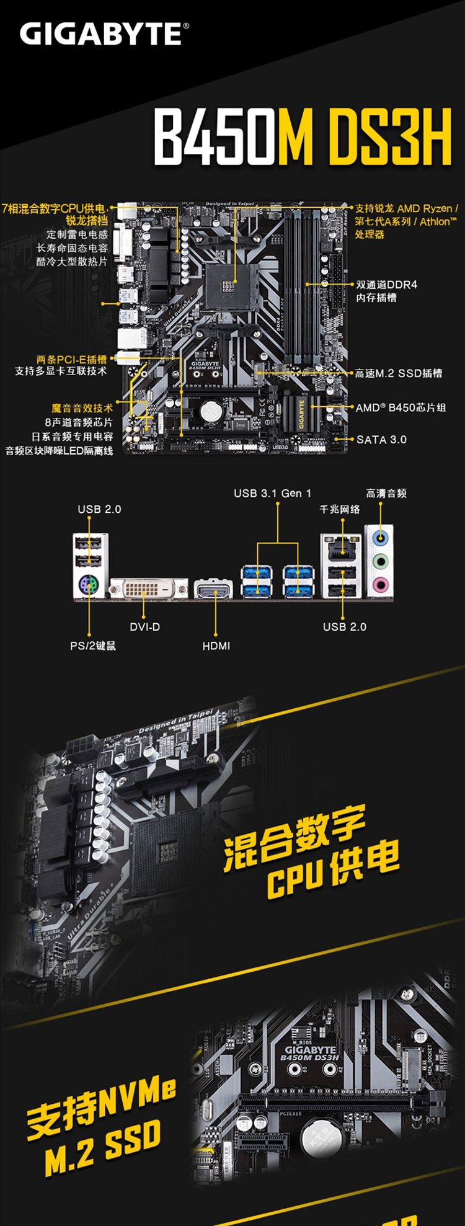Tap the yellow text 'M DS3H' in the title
point(365,138)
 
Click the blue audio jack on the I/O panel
point(381,539)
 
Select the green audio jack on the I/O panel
point(381,562)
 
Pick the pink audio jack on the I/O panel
point(381,584)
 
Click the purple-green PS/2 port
point(89,584)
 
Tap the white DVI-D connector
point(149,587)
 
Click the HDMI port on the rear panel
point(214,589)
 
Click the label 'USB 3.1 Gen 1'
point(272,494)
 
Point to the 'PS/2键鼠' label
point(93,646)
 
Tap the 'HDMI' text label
point(216,646)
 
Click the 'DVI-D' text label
point(144,627)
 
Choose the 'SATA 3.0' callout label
point(381,440)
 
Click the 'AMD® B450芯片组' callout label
point(401,407)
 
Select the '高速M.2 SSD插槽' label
point(399,373)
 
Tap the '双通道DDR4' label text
point(386,285)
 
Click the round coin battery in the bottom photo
point(319,1136)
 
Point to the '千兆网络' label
point(339,509)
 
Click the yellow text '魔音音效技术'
point(82,408)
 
